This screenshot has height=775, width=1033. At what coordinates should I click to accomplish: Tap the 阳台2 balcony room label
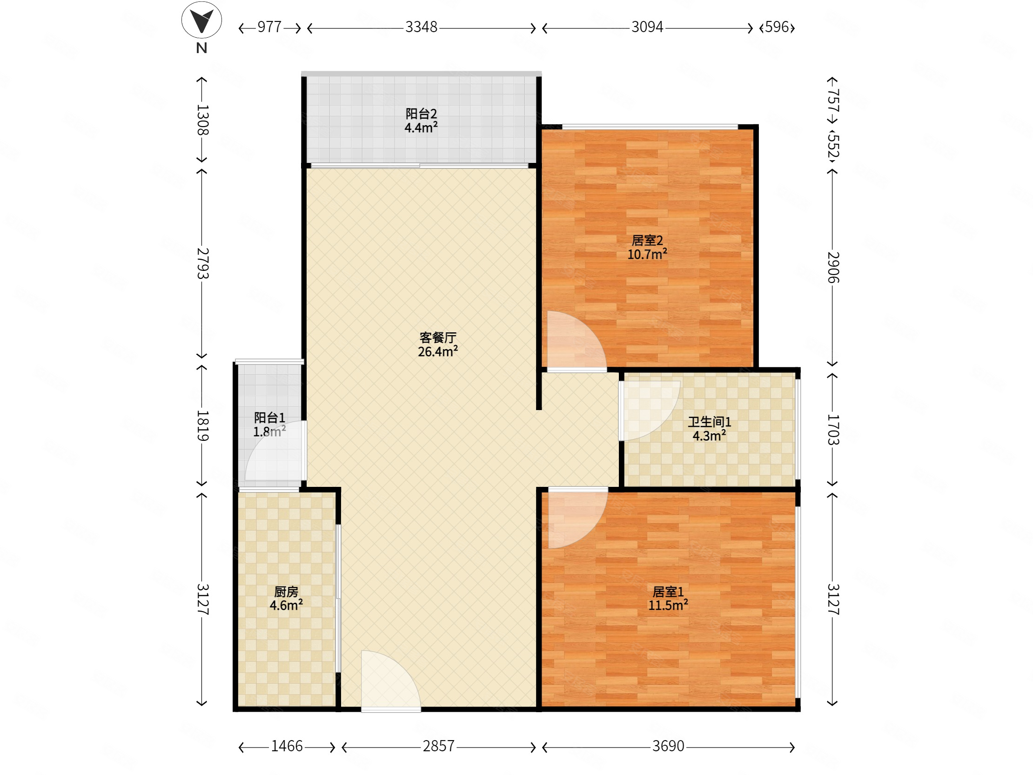[x=421, y=114]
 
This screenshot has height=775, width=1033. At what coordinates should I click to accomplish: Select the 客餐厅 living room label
[x=437, y=337]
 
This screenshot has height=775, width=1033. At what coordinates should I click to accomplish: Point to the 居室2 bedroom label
[x=647, y=240]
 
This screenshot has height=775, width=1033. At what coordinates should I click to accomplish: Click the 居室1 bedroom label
[x=668, y=592]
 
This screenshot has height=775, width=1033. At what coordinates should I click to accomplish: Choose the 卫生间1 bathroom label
[x=709, y=422]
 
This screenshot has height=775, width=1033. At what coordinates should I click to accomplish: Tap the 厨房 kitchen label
[x=286, y=592]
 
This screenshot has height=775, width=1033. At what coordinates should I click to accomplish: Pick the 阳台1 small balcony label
[x=269, y=418]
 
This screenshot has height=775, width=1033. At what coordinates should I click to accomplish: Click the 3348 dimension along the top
[x=421, y=27]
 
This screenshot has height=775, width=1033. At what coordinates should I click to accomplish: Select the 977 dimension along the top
[x=269, y=27]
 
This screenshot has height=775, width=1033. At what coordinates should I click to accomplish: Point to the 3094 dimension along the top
[x=647, y=27]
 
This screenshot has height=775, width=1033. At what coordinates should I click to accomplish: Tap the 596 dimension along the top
[x=777, y=27]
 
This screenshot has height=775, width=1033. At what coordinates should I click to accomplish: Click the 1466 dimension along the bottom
[x=287, y=746]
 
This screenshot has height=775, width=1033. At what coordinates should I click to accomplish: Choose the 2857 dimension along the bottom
[x=438, y=746]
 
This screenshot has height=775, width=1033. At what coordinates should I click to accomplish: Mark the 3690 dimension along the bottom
[x=668, y=746]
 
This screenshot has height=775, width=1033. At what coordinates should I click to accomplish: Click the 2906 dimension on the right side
[x=833, y=267]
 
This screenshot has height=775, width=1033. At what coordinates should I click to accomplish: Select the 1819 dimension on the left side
[x=202, y=425]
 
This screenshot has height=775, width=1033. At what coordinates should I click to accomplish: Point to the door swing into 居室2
[x=577, y=341]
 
